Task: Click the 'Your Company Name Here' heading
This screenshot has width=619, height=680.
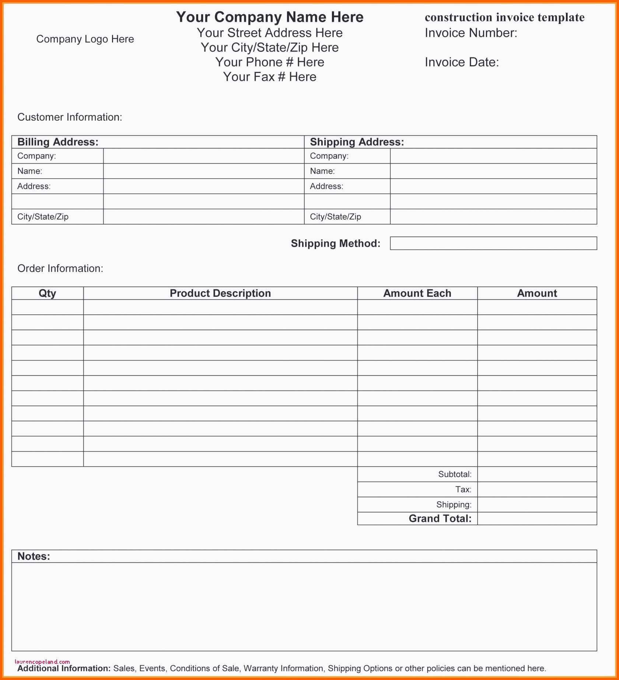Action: click(x=270, y=17)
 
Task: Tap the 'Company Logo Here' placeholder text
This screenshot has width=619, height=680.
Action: click(x=85, y=39)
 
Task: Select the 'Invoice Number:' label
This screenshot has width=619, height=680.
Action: click(x=471, y=33)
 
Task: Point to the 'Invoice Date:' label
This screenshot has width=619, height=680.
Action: click(x=462, y=62)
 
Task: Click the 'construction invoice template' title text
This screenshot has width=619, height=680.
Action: click(x=504, y=17)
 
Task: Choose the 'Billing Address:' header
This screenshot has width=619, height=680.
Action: click(x=58, y=142)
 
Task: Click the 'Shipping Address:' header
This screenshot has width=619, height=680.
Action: click(x=357, y=142)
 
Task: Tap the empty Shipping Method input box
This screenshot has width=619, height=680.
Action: click(x=493, y=243)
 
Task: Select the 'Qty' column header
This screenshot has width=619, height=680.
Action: click(x=48, y=293)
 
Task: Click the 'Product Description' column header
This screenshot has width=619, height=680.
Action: click(x=220, y=293)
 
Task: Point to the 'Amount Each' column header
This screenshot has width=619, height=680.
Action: click(x=417, y=293)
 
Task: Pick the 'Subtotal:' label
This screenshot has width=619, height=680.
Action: click(x=455, y=474)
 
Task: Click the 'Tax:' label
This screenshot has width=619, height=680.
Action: click(x=463, y=489)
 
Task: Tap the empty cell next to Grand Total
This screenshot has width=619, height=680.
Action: click(x=537, y=519)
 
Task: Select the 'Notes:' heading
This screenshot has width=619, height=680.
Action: click(x=34, y=556)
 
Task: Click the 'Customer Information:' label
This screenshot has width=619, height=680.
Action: click(x=70, y=117)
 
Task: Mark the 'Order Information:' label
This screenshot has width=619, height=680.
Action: click(x=60, y=268)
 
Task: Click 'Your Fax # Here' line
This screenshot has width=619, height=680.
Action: click(x=270, y=77)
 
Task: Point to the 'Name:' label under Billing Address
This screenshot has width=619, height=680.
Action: click(x=30, y=171)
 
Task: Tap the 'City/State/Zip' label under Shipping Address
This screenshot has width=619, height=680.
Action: click(x=335, y=217)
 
